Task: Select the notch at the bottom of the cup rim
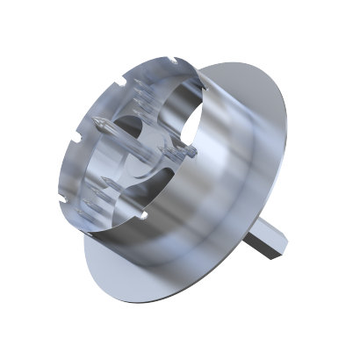tap(141, 213)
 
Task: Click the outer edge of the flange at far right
tap(289, 158)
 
